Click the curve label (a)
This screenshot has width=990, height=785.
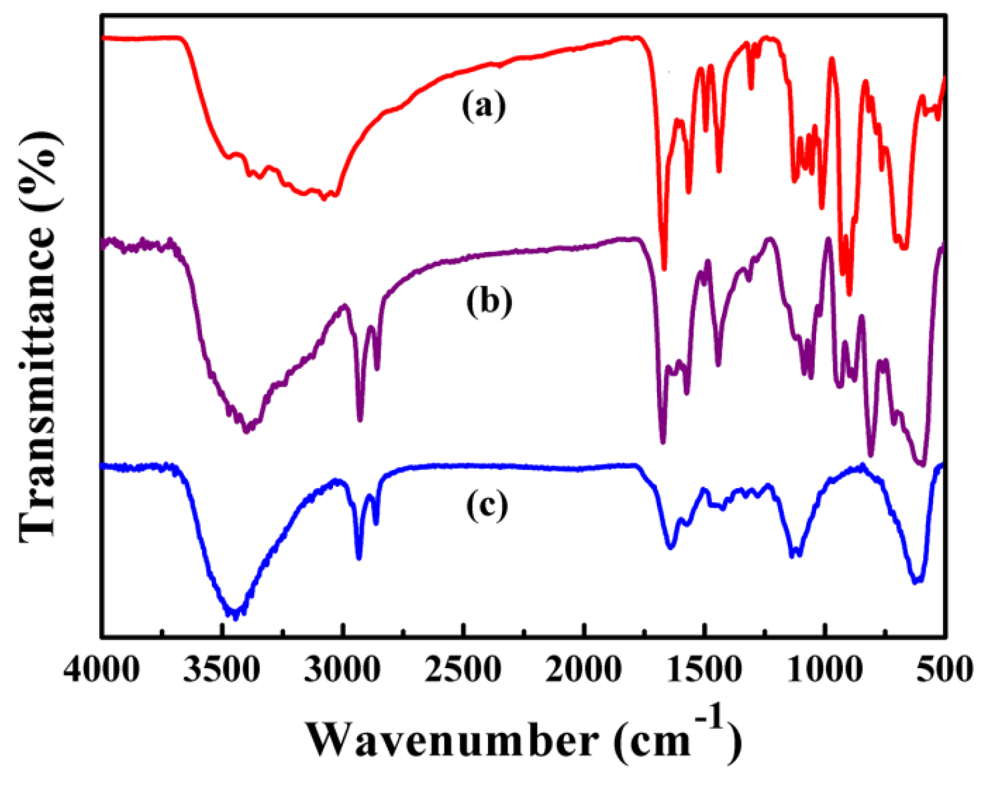pyautogui.click(x=484, y=107)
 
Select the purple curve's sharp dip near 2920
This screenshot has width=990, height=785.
pyautogui.click(x=360, y=420)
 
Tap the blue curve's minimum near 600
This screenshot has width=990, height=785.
pyautogui.click(x=917, y=581)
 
